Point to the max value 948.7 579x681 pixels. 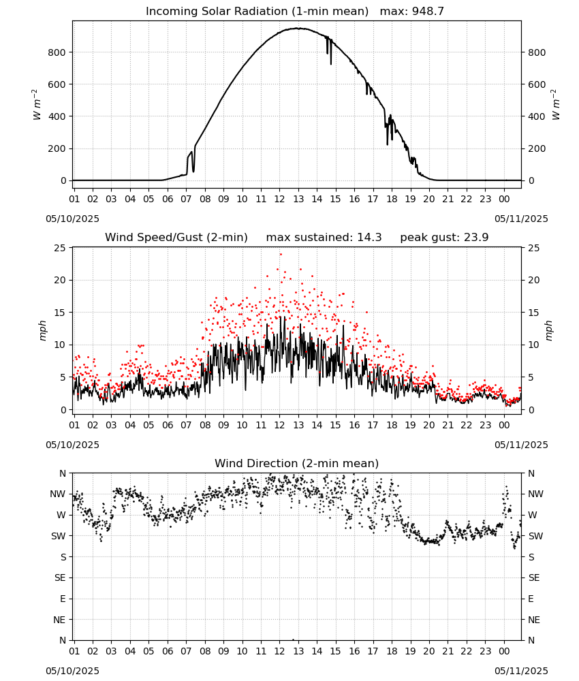428,12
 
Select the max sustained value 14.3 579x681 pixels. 369,238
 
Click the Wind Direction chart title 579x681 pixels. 297,463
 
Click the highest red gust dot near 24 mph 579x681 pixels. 281,255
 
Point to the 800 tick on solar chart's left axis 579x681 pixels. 57,52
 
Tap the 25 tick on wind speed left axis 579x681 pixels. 60,248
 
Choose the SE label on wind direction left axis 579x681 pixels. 60,578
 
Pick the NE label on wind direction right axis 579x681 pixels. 534,620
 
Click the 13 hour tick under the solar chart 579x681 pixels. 298,200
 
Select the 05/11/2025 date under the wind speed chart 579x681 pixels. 521,445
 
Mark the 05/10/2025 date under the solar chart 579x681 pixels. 72,219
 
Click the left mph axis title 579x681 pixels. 42,330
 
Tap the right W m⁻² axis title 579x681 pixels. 556,105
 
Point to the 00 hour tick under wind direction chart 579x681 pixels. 504,651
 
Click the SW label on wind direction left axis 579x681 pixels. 59,537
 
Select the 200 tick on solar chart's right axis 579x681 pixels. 537,148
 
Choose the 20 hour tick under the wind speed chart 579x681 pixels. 429,425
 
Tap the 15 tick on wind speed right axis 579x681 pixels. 534,313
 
